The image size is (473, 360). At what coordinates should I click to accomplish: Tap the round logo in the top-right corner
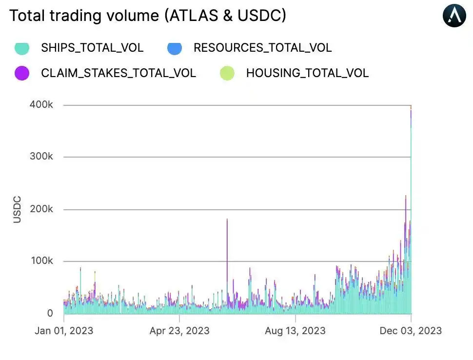click(x=454, y=16)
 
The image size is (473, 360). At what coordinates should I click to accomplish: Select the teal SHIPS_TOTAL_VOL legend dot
click(x=22, y=48)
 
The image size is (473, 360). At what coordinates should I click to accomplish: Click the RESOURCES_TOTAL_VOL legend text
click(x=262, y=48)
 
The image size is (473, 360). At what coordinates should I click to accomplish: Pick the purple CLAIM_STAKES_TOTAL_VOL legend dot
click(x=22, y=73)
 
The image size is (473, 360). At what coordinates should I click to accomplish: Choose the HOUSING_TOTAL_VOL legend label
click(x=307, y=73)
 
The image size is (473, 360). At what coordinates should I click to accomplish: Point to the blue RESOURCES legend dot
click(x=175, y=48)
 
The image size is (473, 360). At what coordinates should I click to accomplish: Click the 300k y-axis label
click(x=41, y=157)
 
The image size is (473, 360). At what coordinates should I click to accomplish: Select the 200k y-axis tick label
click(x=41, y=209)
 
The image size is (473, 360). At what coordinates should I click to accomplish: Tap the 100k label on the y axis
click(x=41, y=261)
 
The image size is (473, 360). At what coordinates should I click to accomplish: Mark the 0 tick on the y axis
click(x=49, y=314)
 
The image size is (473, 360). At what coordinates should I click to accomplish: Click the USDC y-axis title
click(x=18, y=209)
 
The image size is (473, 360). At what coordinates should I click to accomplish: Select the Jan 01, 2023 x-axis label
click(x=64, y=331)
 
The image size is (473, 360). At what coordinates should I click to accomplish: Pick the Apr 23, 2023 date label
click(x=179, y=331)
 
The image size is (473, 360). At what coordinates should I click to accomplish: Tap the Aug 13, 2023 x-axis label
click(x=295, y=331)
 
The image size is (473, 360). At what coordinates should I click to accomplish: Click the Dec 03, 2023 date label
click(x=411, y=331)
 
